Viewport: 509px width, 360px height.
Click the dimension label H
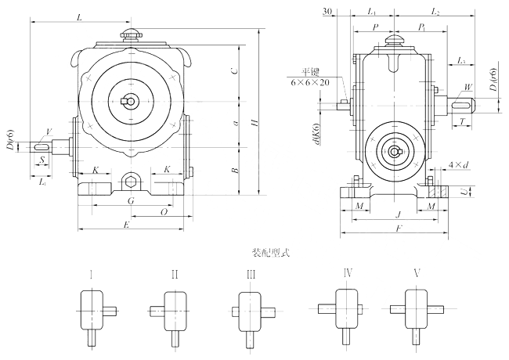252,124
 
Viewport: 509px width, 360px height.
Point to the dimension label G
131,201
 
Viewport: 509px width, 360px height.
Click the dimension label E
128,225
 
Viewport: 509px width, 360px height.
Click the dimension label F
399,229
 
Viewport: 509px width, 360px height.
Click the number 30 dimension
327,11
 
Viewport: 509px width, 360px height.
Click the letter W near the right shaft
468,87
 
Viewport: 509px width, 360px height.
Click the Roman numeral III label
251,274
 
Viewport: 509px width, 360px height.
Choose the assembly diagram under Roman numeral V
413,311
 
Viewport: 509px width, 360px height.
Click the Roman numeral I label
92,274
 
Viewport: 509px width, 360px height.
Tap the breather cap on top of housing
130,35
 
